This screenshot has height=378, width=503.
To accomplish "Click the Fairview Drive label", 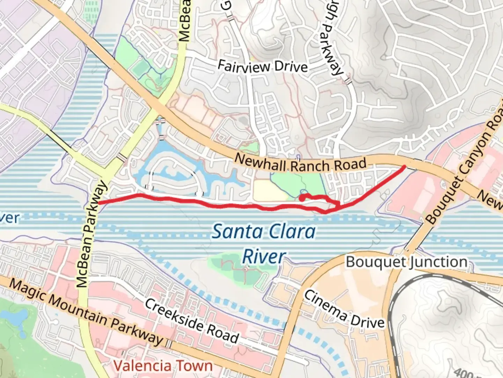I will pos(263,66).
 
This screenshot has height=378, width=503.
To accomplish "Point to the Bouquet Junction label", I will pos(407,262).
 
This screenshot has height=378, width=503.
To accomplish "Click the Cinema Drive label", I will pos(344,309).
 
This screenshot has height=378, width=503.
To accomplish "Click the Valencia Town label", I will pos(163,366).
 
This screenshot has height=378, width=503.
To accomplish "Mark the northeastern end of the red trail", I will pos(404,166).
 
